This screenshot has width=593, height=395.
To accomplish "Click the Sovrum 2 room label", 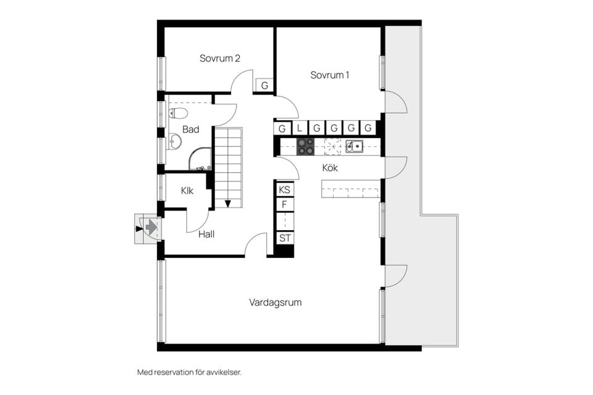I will click(219, 59).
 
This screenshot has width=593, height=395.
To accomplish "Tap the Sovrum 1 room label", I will click(330, 75).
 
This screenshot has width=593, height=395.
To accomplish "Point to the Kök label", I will click(330, 167).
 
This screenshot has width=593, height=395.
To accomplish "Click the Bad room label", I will click(191, 130).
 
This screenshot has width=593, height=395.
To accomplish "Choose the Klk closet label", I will click(187, 191).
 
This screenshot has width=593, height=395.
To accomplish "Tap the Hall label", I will click(206, 235).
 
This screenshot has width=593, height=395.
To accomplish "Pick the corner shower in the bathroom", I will click(201, 160).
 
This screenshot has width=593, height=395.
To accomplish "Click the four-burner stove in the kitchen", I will click(305, 146).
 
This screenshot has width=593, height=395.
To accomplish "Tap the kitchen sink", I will click(354, 146).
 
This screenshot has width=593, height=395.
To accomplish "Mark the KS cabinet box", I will click(285, 189).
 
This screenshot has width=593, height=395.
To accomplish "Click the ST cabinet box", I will click(285, 238).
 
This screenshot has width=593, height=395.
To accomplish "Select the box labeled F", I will click(285, 205).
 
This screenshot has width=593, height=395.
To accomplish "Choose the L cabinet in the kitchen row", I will click(300, 128).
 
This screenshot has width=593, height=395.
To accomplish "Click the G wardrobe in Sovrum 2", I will click(264, 86).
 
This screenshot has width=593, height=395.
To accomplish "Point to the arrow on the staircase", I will click(228, 202).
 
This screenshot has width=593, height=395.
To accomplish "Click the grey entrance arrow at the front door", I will click(150, 228).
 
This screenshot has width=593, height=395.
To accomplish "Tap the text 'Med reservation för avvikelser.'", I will click(188, 373).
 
